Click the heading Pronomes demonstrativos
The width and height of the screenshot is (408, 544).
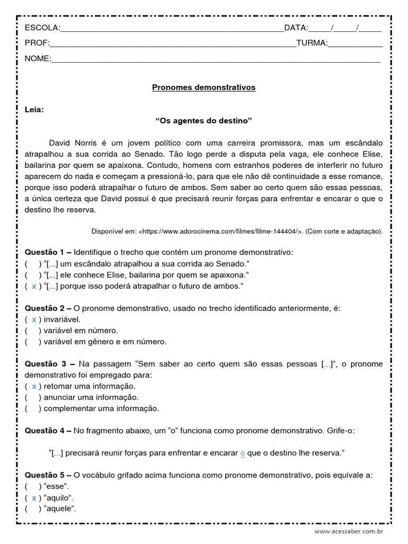(204, 87)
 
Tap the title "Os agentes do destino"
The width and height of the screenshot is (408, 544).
(203, 121)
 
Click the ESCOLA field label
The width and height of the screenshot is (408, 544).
(42, 28)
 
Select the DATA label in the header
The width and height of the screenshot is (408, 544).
(296, 28)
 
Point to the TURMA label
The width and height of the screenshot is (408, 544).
(312, 43)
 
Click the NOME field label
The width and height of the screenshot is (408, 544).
(38, 58)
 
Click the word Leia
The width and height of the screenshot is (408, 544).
(35, 110)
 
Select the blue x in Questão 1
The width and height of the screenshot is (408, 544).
(35, 286)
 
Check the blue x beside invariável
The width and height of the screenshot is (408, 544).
(35, 319)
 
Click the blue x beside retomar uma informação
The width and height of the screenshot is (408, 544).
(35, 386)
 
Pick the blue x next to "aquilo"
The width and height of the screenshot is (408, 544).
(35, 498)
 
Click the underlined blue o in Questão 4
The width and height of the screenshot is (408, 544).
(242, 453)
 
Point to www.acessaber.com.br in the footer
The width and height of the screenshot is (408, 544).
(348, 531)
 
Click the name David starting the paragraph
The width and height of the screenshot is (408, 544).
(59, 143)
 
